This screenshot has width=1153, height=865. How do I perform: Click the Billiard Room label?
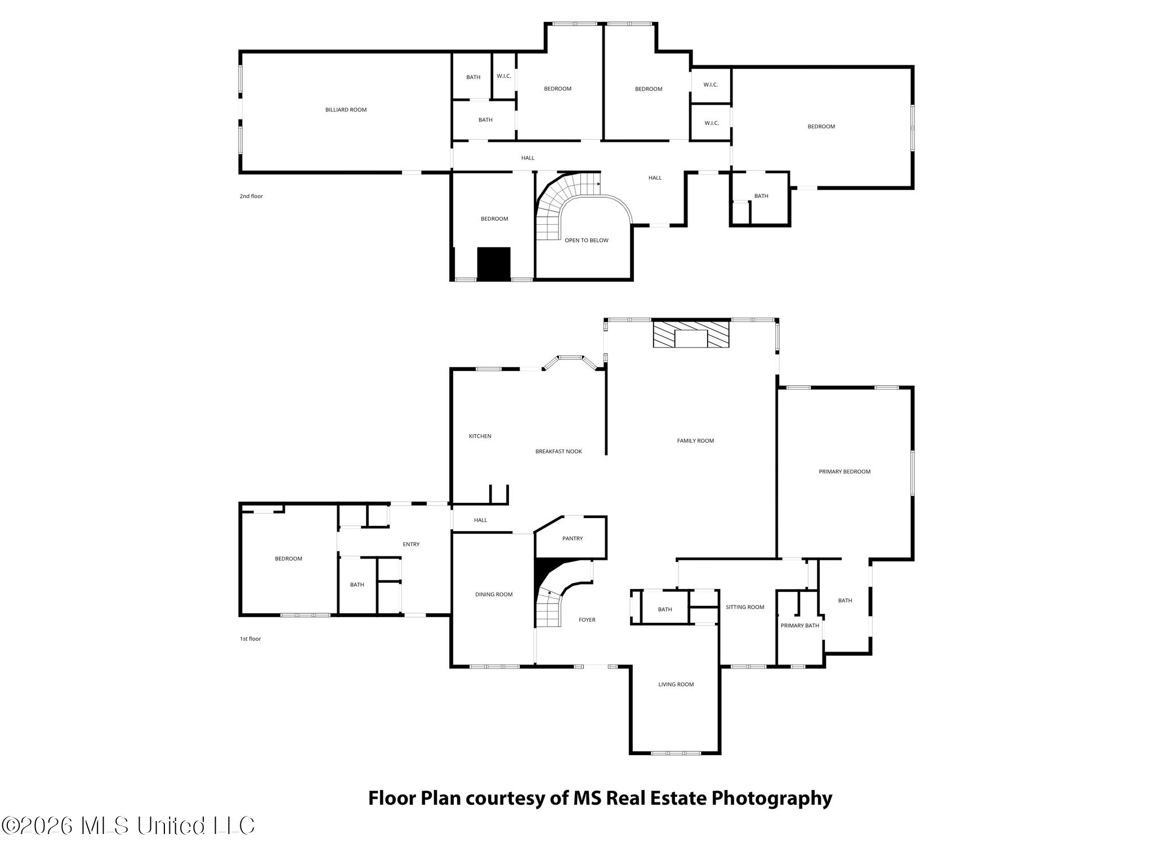(x=346, y=110)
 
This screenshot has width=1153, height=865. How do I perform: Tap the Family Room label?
(x=695, y=441)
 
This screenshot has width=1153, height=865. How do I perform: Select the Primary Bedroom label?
(x=844, y=472)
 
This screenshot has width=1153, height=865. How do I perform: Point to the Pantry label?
(x=573, y=539)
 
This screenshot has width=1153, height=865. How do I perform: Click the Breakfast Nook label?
(x=558, y=452)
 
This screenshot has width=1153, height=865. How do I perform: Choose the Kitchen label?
(x=480, y=436)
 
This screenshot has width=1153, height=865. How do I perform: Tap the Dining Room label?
(x=494, y=595)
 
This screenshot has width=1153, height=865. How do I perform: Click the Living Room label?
(x=676, y=685)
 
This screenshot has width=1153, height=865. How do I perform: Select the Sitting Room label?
(x=745, y=607)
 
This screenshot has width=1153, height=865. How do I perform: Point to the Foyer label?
(x=587, y=620)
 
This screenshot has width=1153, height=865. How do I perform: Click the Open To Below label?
(x=587, y=240)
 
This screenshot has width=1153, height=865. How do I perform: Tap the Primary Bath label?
(x=800, y=626)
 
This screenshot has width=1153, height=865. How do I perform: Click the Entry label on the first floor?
(x=411, y=545)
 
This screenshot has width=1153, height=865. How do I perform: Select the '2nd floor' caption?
(x=251, y=197)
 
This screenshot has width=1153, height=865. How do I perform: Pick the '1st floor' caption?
(x=251, y=639)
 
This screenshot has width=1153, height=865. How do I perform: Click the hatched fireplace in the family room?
(x=691, y=334)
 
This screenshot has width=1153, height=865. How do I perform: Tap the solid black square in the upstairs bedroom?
(x=494, y=264)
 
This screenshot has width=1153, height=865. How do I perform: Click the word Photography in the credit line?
(x=772, y=799)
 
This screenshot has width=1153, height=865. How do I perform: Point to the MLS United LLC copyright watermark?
(x=128, y=826)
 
